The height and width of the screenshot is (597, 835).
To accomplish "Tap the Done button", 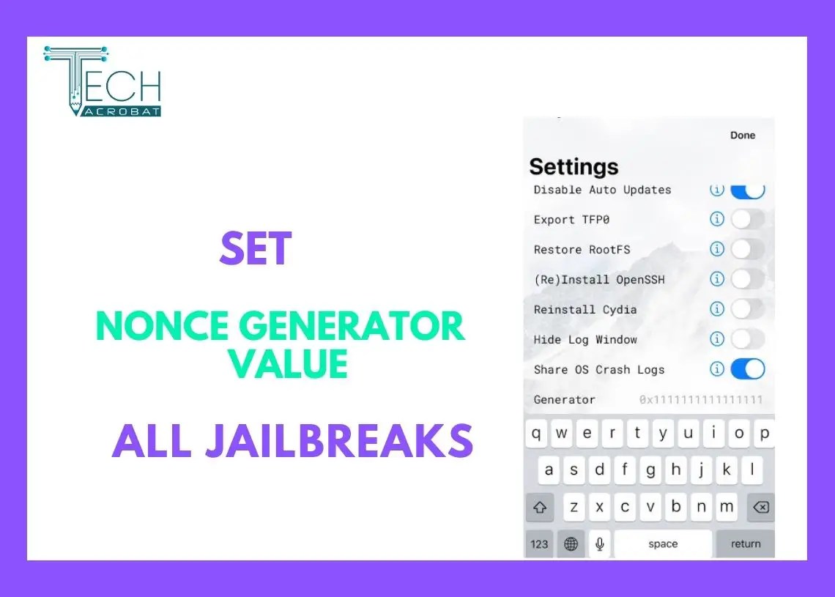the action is pos(742,136).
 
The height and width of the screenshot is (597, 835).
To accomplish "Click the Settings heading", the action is pos(574,167).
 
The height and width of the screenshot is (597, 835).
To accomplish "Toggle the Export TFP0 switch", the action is pos(748,219).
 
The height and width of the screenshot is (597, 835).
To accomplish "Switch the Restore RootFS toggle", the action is pos(748,249).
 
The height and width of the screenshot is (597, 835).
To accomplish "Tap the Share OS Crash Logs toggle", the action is pos(748,369).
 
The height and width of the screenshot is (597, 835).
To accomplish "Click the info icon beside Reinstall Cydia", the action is pos(717,309).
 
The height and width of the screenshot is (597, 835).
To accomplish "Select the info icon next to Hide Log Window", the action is pos(717,338).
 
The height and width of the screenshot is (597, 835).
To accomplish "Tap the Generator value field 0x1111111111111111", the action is pos(701,399).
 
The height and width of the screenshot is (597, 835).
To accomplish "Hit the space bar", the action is pos(663,544).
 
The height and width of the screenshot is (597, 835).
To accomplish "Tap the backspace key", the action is pos(760,507).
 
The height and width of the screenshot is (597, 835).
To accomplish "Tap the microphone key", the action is pos(600,544).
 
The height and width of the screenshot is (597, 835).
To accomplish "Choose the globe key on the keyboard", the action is pos(571,544).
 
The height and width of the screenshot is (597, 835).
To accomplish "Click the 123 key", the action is pos(539,544).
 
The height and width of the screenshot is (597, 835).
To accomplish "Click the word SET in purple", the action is pos(256,248).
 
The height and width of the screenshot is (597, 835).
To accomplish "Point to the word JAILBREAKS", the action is pos(340,440).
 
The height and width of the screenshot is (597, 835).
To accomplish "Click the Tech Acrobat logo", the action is pos(103,81).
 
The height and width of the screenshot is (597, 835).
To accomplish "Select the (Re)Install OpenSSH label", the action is pos(599,280).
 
